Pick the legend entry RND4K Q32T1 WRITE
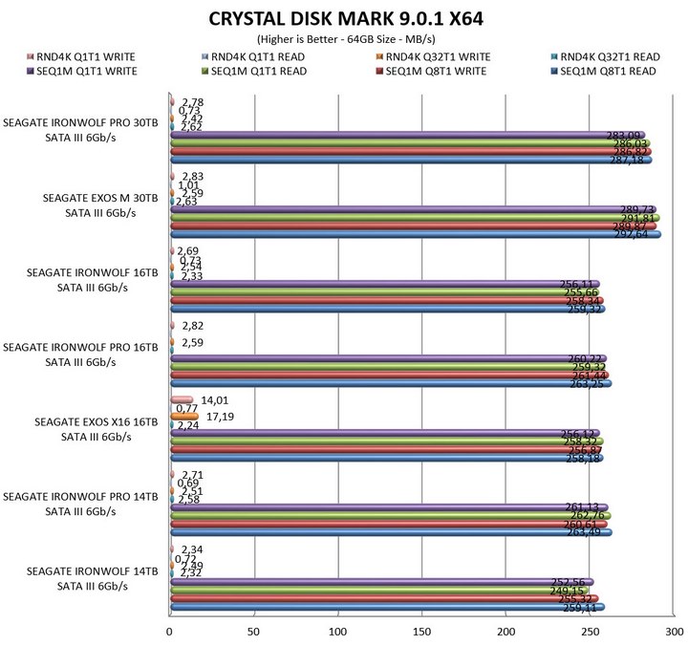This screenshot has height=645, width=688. [431, 56]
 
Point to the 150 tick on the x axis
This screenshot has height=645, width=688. [421, 632]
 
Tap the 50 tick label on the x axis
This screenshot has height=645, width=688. [253, 632]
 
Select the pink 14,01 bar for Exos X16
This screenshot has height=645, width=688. [181, 400]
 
